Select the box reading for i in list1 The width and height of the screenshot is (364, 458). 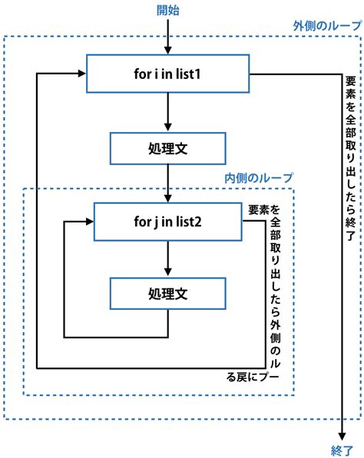click(167, 74)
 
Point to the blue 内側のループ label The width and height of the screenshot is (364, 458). click(258, 178)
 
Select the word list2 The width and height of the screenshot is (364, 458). click(195, 222)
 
